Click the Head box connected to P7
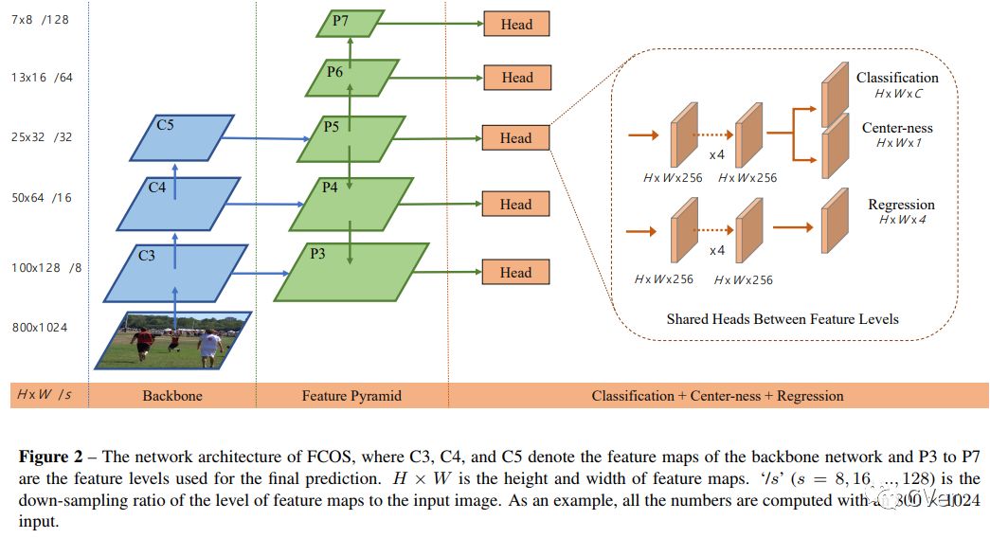tap(516, 25)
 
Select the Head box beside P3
tap(516, 273)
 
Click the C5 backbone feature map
tap(181, 138)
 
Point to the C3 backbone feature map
tap(175, 273)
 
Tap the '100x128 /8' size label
tap(46, 268)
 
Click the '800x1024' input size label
tap(40, 328)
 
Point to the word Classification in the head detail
tap(897, 78)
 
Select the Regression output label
tap(901, 205)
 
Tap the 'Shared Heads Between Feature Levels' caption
tap(783, 319)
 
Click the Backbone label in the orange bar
tap(172, 396)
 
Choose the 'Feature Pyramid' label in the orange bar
tap(351, 396)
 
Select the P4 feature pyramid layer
tap(346, 203)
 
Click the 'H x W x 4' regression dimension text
tap(902, 220)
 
